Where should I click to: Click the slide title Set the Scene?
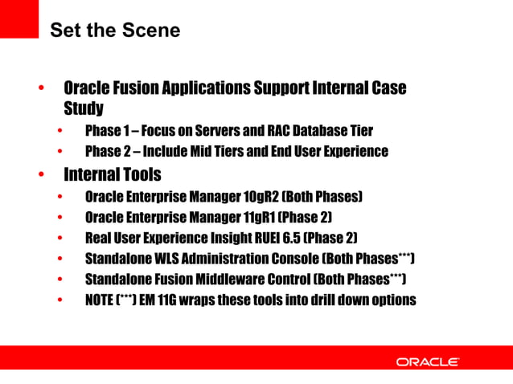point(115,31)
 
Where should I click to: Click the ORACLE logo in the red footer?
point(427,362)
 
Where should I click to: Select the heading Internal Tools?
point(113,174)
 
